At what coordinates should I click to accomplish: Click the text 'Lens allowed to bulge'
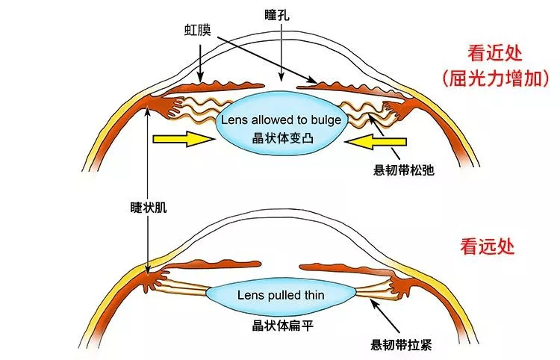point(280,120)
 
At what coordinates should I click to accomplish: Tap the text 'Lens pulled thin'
point(280,295)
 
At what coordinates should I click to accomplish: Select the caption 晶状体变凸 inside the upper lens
point(280,138)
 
